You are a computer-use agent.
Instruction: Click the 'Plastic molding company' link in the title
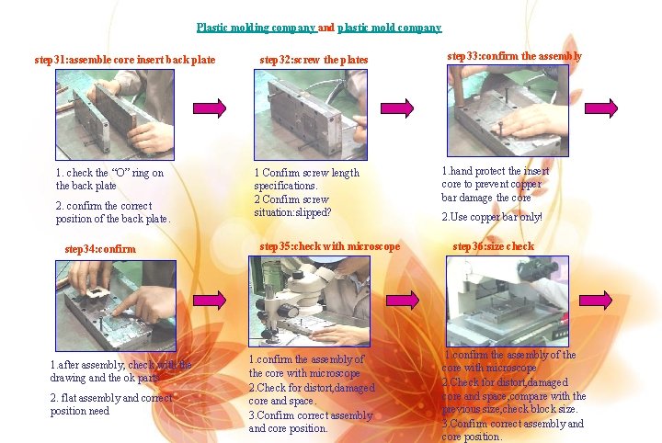coord(257,28)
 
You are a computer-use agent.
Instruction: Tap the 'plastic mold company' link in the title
coord(389,28)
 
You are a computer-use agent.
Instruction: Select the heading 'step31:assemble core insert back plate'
coord(125,60)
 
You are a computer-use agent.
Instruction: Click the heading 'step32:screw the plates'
coord(314,60)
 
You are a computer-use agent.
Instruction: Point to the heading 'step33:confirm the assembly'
coord(514,57)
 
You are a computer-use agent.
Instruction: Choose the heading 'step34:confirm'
coord(100,249)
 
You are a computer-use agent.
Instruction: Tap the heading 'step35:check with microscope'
coord(330,246)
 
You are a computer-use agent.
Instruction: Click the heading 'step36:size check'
coord(494,246)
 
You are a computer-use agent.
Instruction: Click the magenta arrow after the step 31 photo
coord(210,108)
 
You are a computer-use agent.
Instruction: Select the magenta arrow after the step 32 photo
coord(397,108)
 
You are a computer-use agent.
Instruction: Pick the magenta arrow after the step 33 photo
coord(601,108)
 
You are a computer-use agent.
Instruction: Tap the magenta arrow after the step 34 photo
coord(210,301)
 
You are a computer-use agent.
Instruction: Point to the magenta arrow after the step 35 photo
coord(403,301)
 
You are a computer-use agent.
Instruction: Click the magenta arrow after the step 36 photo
coord(595,301)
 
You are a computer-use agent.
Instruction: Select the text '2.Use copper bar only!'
coord(492,217)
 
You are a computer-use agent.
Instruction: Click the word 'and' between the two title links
coord(325,28)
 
